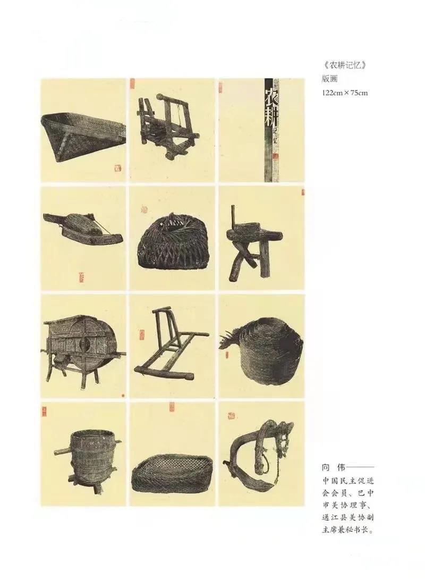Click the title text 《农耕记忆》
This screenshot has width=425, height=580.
pos(344,66)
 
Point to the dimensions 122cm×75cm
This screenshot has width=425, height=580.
pos(344,92)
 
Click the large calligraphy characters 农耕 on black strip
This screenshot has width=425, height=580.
pos(272,105)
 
